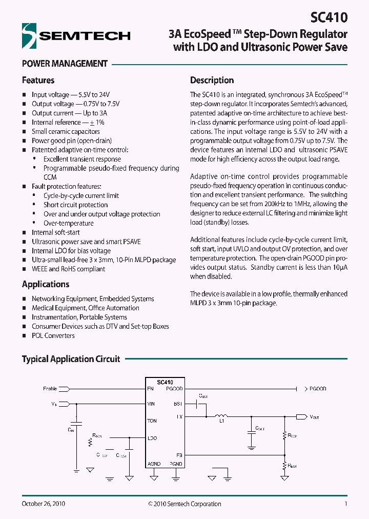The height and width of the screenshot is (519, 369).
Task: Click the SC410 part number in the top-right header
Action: pos(329,17)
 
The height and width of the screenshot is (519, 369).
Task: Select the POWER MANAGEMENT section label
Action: pos(65,64)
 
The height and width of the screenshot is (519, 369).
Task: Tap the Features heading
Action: pos(38,81)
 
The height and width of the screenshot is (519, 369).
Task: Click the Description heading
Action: pos(212,81)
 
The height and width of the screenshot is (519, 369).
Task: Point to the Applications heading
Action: pos(46,284)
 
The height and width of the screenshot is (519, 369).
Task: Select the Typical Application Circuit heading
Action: pos(71,359)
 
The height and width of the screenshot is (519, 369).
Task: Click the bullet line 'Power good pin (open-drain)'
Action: pos(71,141)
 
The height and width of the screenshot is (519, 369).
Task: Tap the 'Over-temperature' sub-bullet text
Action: pos(68,223)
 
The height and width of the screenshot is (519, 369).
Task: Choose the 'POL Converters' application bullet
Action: pos(53,335)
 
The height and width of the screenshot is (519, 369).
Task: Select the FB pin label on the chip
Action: pos(179,454)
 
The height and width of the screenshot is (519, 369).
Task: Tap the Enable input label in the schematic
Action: pos(50,389)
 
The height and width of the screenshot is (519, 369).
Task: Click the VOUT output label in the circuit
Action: pos(314,417)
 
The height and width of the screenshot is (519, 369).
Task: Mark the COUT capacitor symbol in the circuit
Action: pos(251,432)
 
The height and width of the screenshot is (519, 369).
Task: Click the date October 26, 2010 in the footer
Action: pos(43,504)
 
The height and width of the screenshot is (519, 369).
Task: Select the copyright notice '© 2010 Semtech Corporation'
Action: pos(184,504)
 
